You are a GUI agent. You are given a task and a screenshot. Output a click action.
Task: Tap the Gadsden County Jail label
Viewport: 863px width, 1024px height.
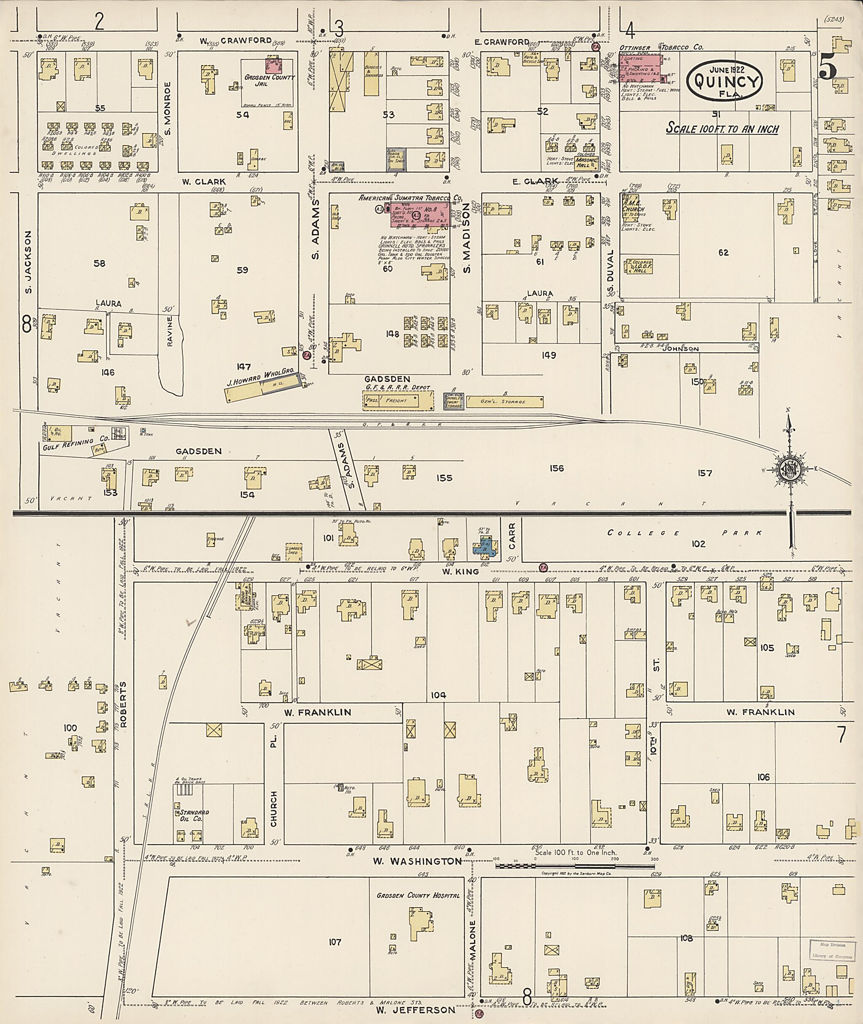click(x=270, y=81)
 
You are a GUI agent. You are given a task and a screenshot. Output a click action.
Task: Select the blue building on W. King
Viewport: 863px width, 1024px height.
click(x=484, y=547)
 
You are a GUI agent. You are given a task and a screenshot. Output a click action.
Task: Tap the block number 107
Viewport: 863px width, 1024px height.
click(x=335, y=942)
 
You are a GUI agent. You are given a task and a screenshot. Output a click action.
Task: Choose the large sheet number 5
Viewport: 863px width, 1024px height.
click(x=828, y=69)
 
